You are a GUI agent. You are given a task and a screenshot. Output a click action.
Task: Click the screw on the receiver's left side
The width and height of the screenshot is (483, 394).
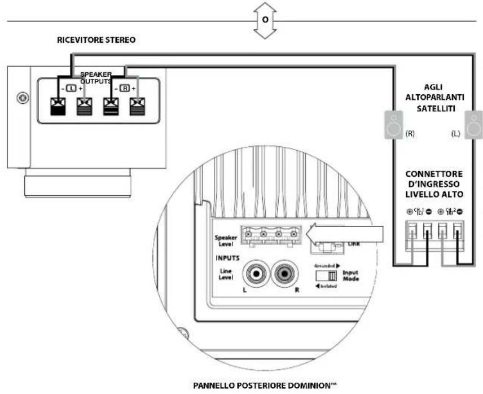tap(21, 97)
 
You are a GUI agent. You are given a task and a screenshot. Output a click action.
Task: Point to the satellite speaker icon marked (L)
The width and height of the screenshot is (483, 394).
tap(474, 124)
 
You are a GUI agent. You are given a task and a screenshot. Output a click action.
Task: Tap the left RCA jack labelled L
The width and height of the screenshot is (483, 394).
tap(256, 276)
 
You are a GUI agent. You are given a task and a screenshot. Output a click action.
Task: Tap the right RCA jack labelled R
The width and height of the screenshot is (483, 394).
tap(286, 276)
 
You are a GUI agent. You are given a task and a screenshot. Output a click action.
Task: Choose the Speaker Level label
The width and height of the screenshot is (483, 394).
tap(225, 241)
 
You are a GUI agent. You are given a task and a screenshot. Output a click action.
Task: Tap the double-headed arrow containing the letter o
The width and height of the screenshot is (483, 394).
tap(265, 20)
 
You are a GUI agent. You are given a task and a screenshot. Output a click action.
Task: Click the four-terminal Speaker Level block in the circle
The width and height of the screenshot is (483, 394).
tap(271, 234)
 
